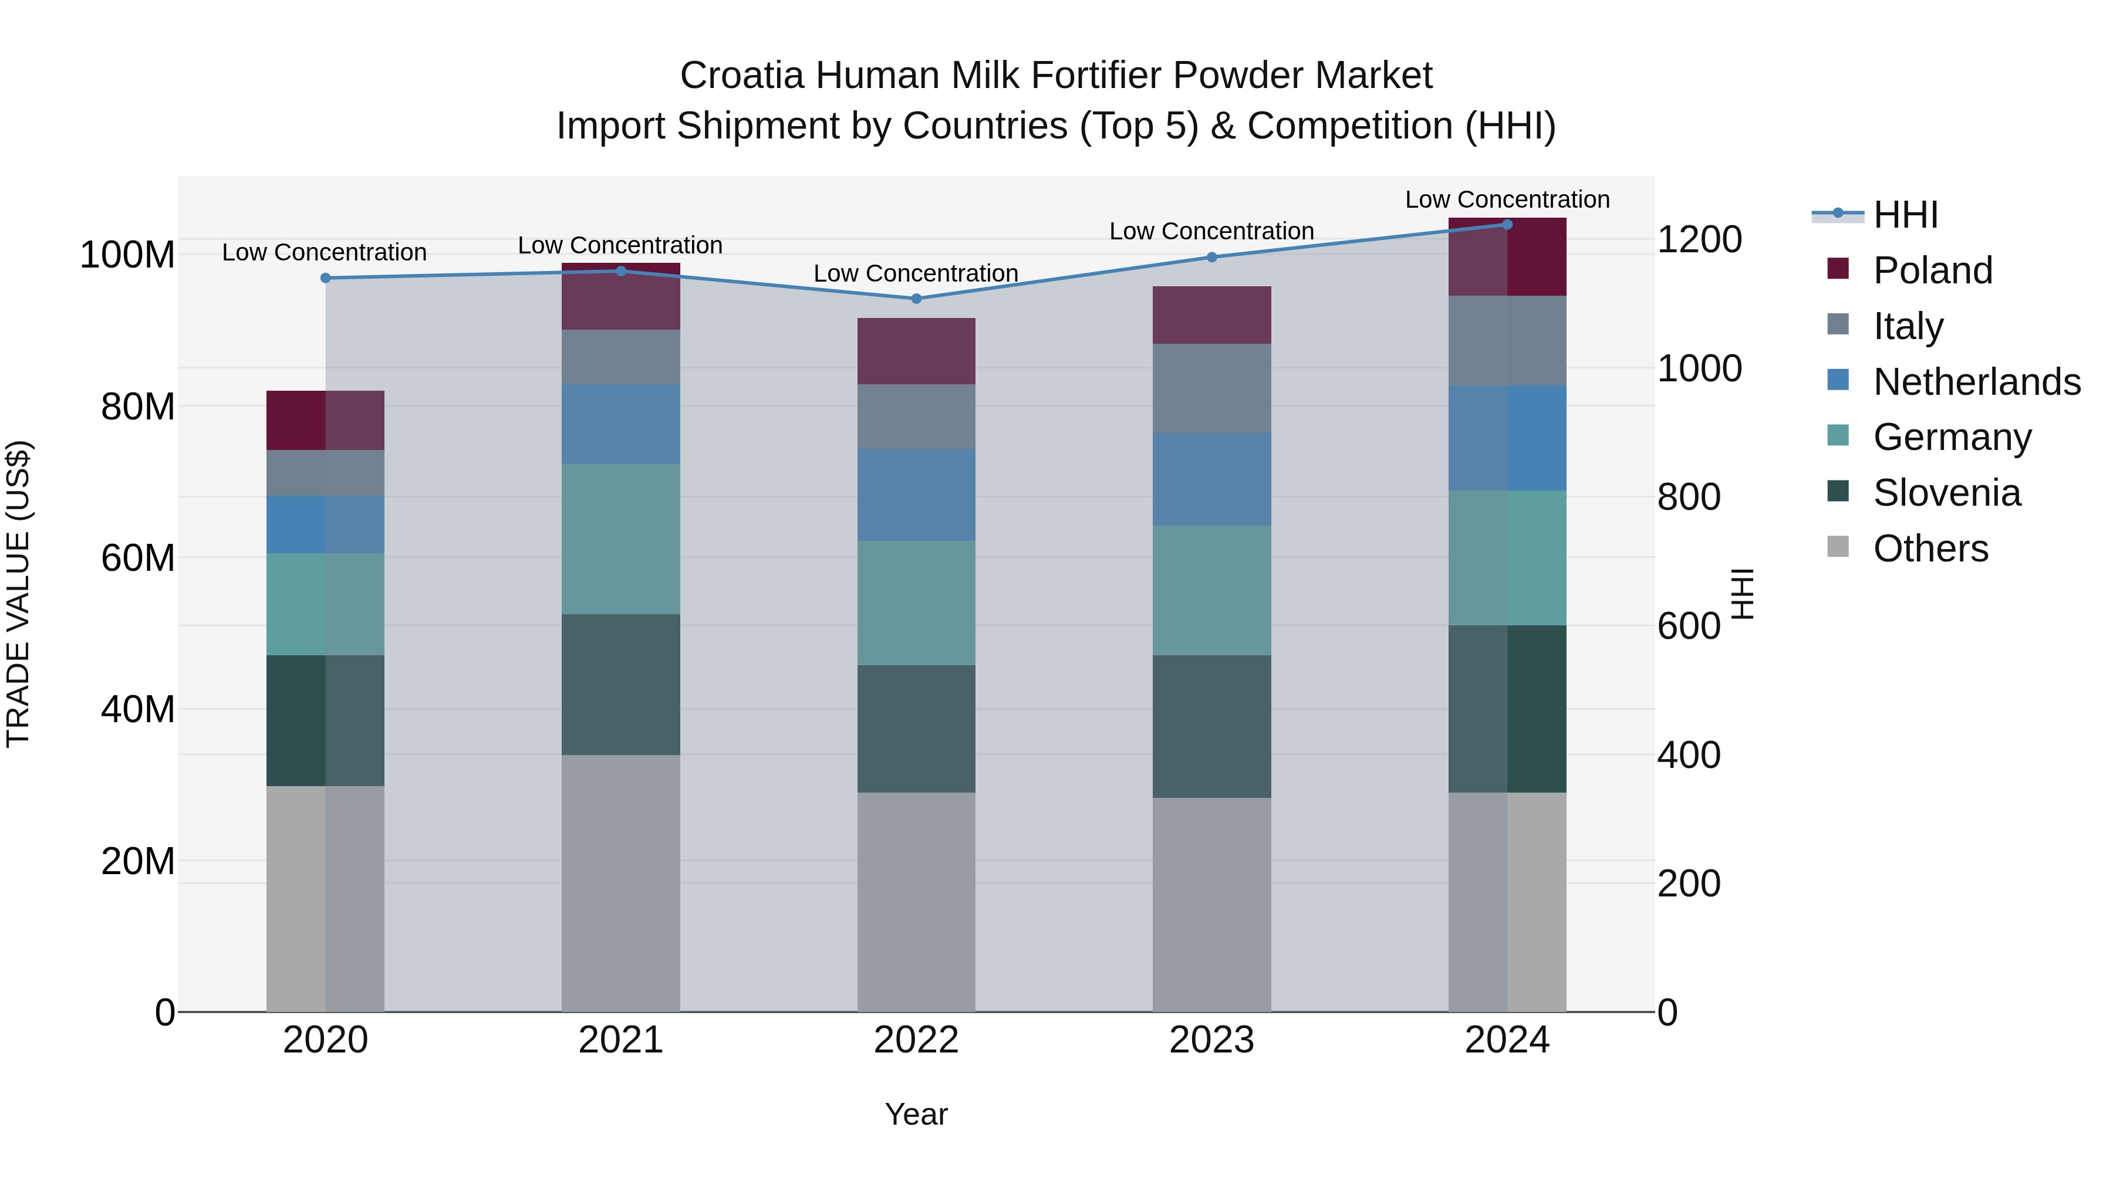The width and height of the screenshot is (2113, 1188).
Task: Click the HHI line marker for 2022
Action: point(916,299)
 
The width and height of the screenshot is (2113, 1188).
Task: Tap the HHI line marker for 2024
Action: point(1507,224)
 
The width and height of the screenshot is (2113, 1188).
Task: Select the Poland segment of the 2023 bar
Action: point(1211,315)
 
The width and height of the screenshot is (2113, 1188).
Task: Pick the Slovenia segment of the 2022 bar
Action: point(916,728)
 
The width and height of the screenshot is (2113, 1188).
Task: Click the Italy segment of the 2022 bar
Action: point(916,416)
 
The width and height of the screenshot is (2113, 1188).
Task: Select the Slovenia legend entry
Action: point(1946,493)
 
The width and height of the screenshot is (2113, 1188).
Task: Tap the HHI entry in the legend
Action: point(1905,215)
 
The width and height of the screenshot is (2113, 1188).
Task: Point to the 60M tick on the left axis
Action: point(138,559)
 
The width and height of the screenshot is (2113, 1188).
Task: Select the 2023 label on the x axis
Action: point(1211,1040)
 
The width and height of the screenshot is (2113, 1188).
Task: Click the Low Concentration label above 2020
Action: point(324,252)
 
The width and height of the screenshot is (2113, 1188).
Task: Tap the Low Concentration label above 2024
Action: point(1507,199)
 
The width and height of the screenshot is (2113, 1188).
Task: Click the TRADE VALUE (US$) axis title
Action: point(19,594)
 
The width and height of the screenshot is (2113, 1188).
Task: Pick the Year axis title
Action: point(916,1114)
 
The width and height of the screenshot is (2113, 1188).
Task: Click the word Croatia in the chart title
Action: point(741,76)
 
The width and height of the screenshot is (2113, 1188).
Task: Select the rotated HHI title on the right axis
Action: point(1742,594)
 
